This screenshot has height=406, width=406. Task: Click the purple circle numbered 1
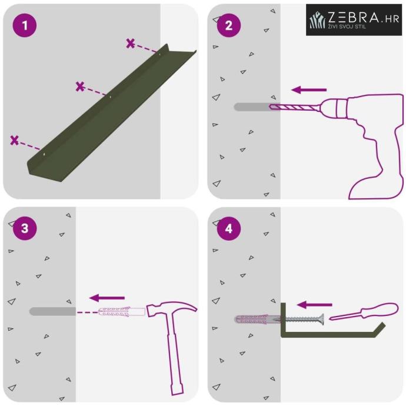(x=25, y=25)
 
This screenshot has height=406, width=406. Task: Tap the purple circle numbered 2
(x=229, y=25)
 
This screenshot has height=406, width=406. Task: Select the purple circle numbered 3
(x=25, y=228)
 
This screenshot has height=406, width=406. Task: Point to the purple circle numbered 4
(x=229, y=228)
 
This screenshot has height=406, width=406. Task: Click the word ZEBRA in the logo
(x=354, y=18)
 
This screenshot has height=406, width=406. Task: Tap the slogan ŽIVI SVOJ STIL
(x=347, y=26)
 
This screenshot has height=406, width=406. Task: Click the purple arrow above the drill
(x=309, y=90)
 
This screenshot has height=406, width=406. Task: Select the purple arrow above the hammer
(x=107, y=298)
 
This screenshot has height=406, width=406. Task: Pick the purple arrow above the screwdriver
(x=314, y=305)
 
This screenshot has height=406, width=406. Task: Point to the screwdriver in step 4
(x=364, y=311)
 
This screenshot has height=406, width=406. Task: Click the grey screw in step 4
(x=302, y=320)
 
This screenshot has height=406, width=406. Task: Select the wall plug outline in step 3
(x=122, y=312)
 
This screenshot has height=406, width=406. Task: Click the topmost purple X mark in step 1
(x=131, y=44)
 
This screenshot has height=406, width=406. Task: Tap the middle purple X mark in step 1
(x=80, y=86)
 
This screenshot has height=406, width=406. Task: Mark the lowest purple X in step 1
(x=15, y=140)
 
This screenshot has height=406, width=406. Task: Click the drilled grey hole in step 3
(x=52, y=311)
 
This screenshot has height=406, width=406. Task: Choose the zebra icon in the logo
(x=317, y=19)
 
